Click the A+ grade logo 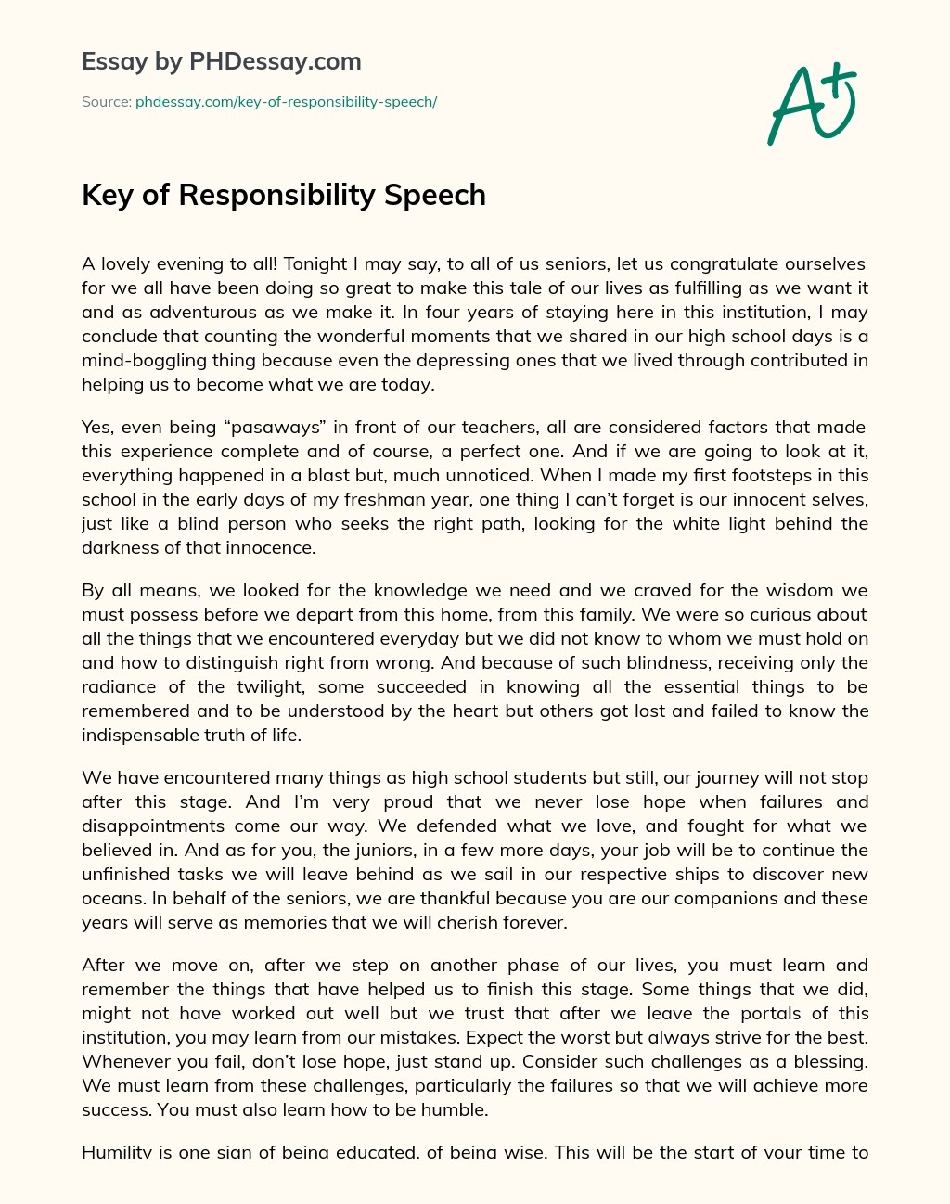tap(811, 104)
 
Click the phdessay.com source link tap(286, 102)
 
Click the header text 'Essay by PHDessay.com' tap(221, 62)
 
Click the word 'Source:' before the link tap(106, 102)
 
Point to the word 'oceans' tap(109, 898)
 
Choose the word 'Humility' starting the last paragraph tap(117, 1152)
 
